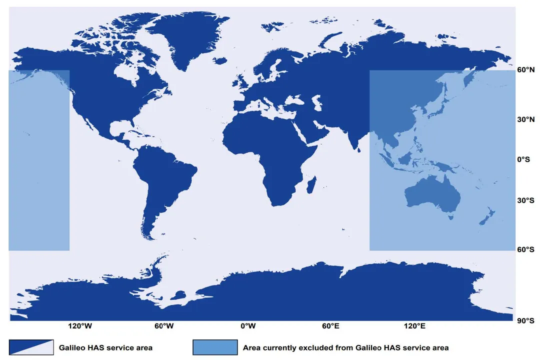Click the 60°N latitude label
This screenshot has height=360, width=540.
[x=526, y=70]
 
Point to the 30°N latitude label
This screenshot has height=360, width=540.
[x=526, y=120]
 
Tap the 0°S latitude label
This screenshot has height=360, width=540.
[x=526, y=160]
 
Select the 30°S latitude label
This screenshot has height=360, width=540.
[x=526, y=200]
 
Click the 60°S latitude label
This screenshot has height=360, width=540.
[x=526, y=249]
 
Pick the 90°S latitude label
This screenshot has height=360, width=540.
[x=526, y=320]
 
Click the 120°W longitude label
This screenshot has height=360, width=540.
[x=80, y=326]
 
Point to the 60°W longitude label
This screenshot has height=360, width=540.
[x=164, y=326]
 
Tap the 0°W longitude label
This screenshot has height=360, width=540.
[x=248, y=326]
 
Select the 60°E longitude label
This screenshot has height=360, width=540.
[x=331, y=326]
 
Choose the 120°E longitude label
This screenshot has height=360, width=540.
[x=415, y=326]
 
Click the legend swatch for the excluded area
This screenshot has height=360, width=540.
[x=215, y=347]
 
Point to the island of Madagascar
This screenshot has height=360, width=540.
[x=311, y=185]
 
